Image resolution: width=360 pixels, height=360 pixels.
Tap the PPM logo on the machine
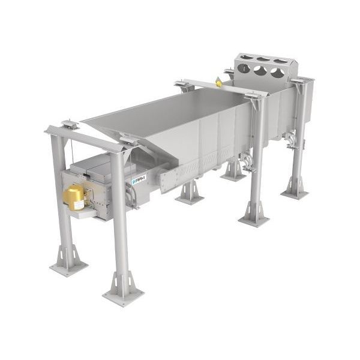coord(139,179)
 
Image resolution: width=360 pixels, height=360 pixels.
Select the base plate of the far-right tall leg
coord(295,194)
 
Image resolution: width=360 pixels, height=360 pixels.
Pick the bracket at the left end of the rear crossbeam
coord(184,85)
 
